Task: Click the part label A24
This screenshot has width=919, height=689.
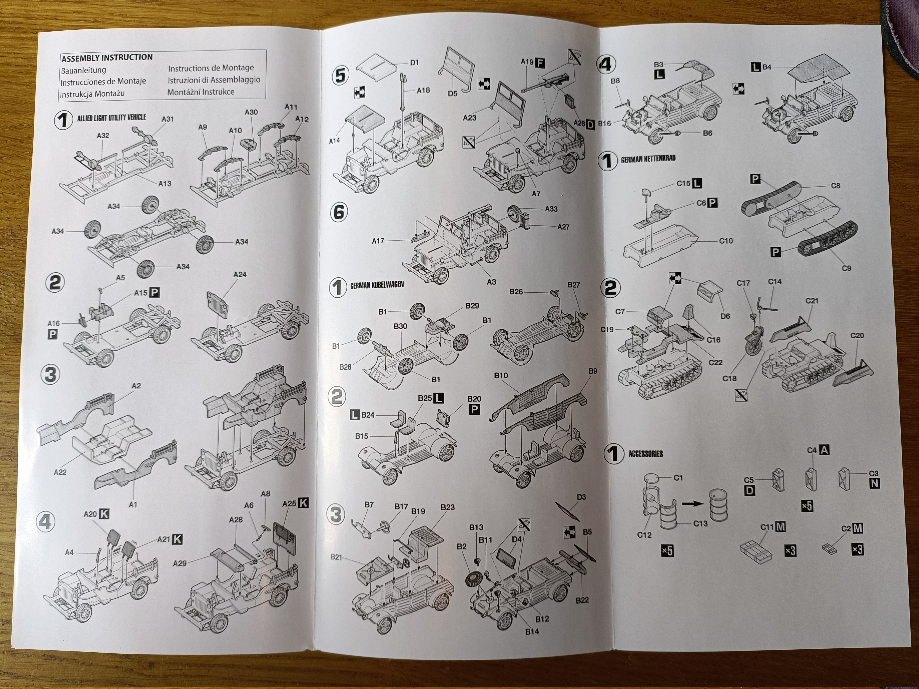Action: point(240,275)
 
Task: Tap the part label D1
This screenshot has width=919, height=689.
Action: point(414,63)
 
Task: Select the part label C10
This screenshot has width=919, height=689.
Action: point(726,241)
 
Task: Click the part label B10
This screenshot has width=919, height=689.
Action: point(501,375)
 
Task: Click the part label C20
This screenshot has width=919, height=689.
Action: point(857,336)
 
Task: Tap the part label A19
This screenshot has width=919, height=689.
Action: point(527,62)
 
